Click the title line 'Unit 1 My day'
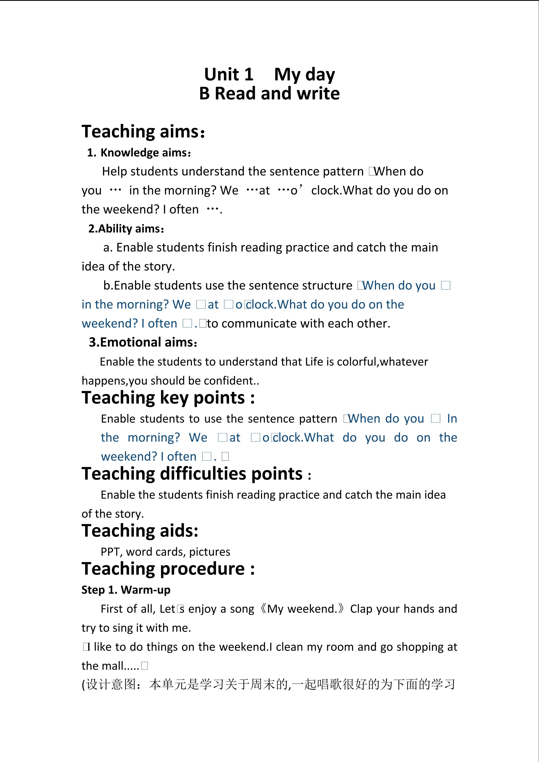[269, 74]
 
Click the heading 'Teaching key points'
[168, 398]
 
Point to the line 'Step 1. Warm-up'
[126, 590]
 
